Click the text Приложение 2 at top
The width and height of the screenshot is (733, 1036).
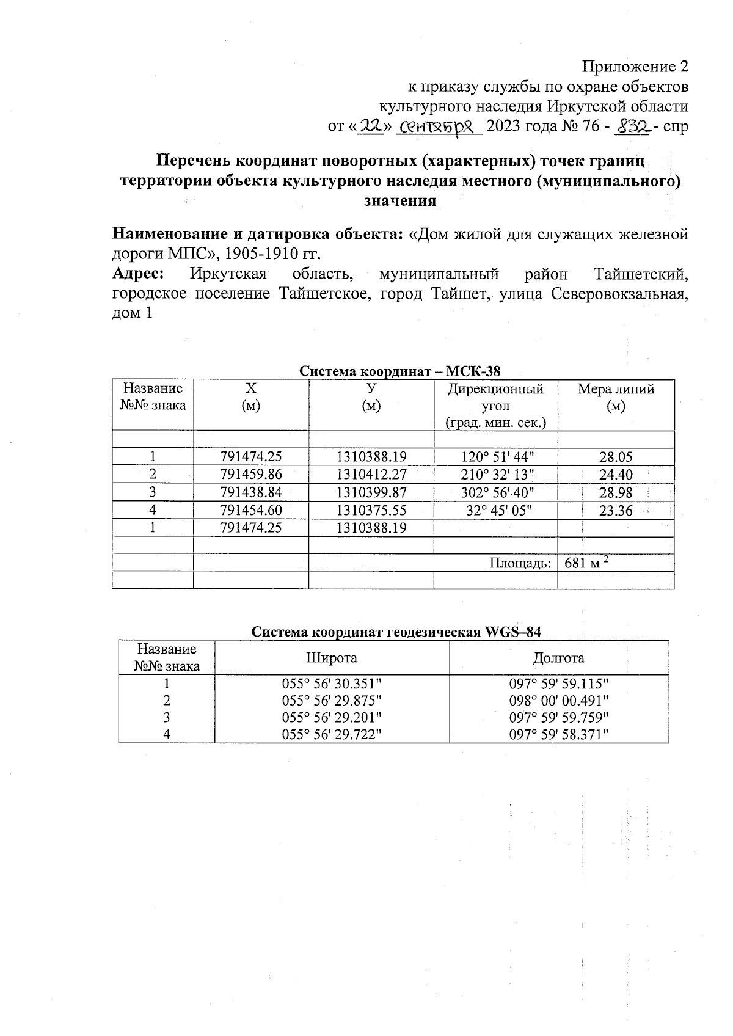[635, 66]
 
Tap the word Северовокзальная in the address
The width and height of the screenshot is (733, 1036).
[619, 294]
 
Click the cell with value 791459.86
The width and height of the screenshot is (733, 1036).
[251, 475]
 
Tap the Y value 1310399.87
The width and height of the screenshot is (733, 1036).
[371, 492]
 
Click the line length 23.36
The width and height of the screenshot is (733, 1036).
[616, 511]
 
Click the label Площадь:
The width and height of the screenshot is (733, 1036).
[520, 563]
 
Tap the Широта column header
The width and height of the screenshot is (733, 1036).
[331, 658]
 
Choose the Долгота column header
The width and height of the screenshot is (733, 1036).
[558, 658]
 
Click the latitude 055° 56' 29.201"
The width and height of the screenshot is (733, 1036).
[332, 717]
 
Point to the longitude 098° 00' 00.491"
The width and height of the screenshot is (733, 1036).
[559, 701]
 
